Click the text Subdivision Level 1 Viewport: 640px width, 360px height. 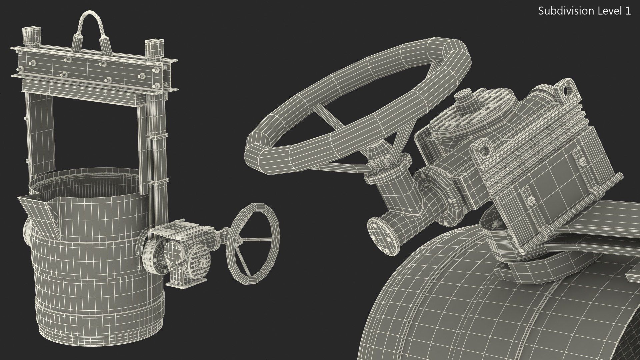tap(584, 11)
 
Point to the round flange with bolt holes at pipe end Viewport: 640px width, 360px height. tap(383, 237)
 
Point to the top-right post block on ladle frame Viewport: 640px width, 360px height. tap(154, 46)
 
